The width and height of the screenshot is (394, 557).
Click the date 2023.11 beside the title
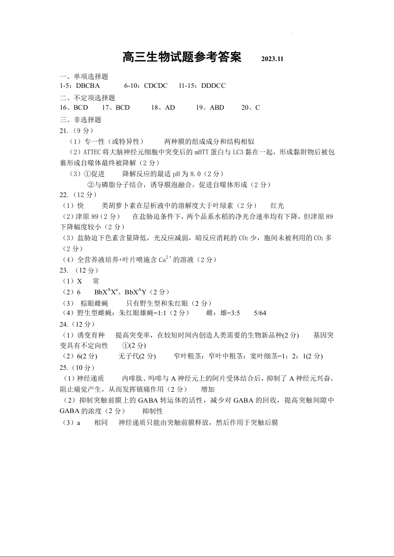click(272, 59)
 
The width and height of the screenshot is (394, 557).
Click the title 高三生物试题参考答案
click(181, 57)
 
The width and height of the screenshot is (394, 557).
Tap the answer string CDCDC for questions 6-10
click(156, 85)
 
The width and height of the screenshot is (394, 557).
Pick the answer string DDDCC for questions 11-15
click(214, 85)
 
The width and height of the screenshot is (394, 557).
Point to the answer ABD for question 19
click(217, 107)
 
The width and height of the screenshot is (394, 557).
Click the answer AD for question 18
click(169, 107)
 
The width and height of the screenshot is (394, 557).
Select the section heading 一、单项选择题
click(83, 76)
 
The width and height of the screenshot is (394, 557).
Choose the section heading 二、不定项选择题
click(87, 98)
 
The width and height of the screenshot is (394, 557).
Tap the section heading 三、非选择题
click(80, 120)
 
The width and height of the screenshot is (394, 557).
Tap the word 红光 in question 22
click(277, 206)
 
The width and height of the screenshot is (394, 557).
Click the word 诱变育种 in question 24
click(91, 336)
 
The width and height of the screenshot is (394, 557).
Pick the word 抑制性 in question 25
click(153, 411)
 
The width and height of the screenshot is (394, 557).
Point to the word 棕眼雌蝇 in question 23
click(94, 303)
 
